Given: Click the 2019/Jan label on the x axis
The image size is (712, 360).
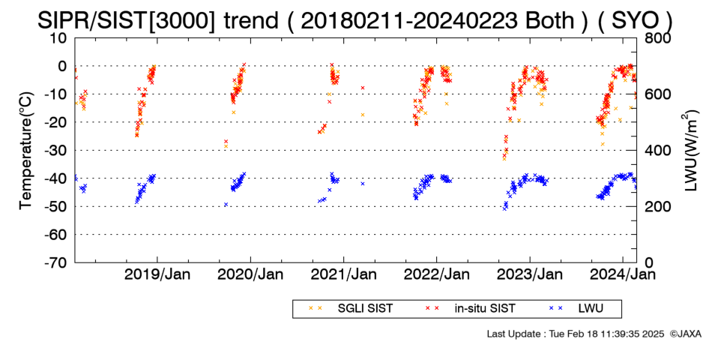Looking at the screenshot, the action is pyautogui.click(x=157, y=275).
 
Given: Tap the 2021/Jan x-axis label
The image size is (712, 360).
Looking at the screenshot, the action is pyautogui.click(x=343, y=275).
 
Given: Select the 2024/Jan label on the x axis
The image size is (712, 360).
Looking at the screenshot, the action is pyautogui.click(x=623, y=275).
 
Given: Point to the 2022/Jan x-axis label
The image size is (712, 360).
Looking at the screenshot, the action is pyautogui.click(x=436, y=275).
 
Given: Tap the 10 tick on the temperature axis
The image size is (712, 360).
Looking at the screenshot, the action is pyautogui.click(x=58, y=38).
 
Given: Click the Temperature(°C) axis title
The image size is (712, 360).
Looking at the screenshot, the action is pyautogui.click(x=26, y=151).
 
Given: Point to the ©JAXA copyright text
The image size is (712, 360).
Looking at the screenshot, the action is pyautogui.click(x=686, y=334).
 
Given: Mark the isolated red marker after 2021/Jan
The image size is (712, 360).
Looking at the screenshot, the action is pyautogui.click(x=363, y=88).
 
